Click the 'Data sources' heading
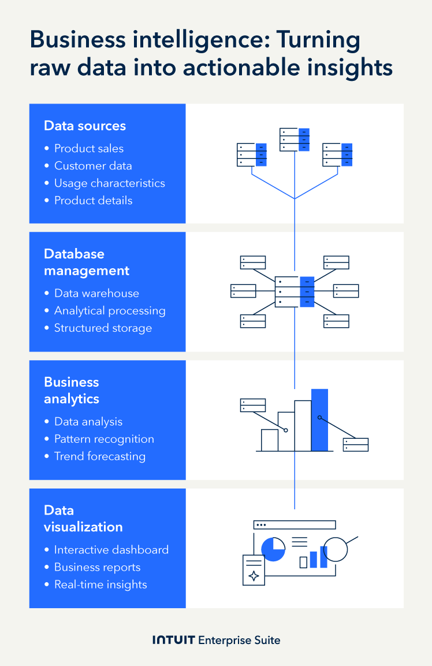tap(85, 126)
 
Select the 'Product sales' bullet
tap(89, 149)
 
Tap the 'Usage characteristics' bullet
tap(109, 183)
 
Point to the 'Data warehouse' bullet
tap(96, 293)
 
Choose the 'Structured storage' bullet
tap(103, 328)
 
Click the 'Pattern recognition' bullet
tap(104, 439)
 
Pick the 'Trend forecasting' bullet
tap(99, 456)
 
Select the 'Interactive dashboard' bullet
tap(111, 550)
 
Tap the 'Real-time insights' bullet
tap(100, 584)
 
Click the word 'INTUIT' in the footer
tap(173, 640)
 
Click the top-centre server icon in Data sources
tap(295, 139)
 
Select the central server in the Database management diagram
tap(295, 291)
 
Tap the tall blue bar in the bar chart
tap(319, 420)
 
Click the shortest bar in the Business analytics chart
tap(270, 440)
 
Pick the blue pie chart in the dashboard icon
tap(273, 549)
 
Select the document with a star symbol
tap(254, 569)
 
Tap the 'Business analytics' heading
tap(72, 390)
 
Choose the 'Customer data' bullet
tap(93, 166)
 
